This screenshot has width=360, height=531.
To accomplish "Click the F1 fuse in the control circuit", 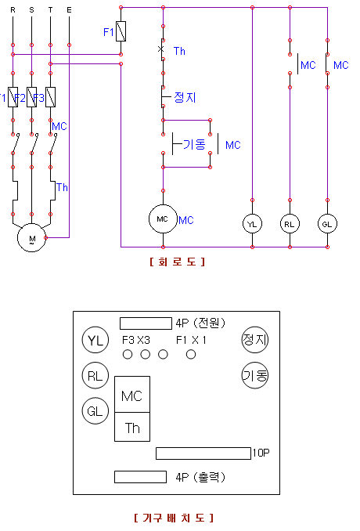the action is point(121,31).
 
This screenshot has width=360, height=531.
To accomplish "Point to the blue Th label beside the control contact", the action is point(179,51).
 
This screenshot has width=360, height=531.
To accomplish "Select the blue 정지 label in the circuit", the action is point(185,97).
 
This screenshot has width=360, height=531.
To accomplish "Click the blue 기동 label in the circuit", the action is point(194,144).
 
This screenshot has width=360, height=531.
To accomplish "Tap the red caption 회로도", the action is point(178,262).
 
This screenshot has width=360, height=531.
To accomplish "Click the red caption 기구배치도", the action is point(174,518).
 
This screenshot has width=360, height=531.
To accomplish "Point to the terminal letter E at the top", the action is point(70,10).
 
